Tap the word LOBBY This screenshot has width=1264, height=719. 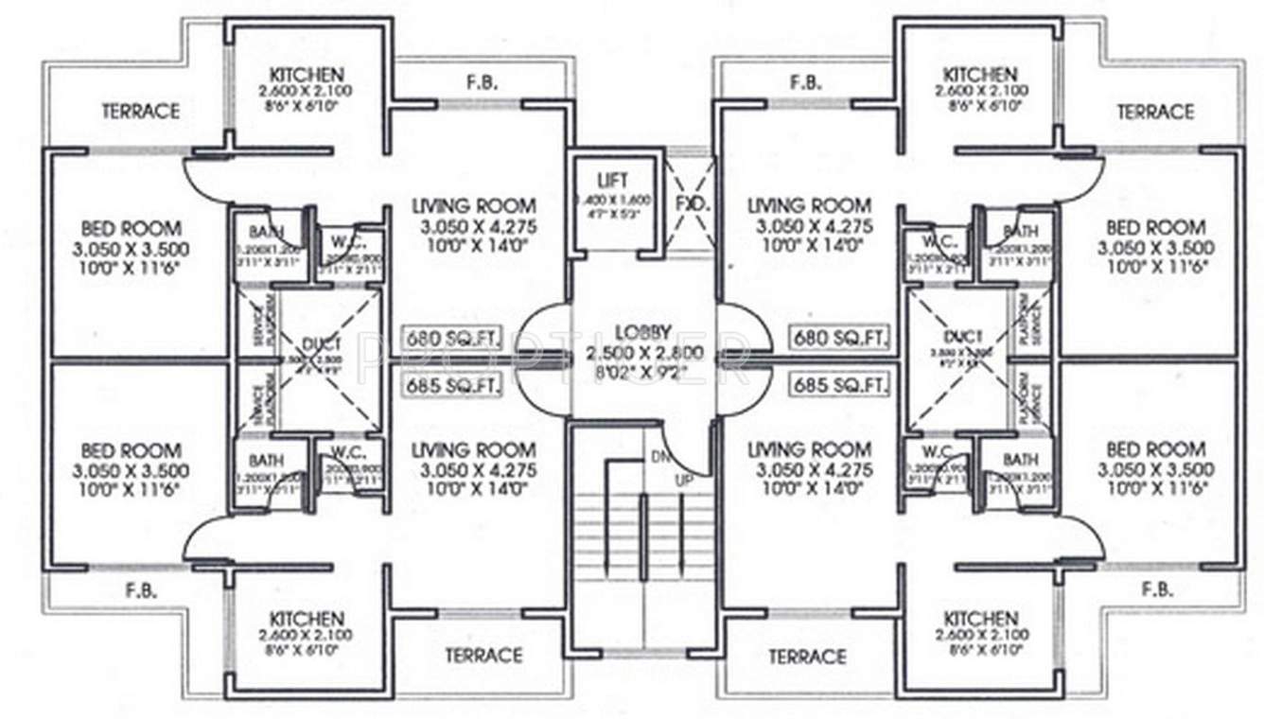[642, 332]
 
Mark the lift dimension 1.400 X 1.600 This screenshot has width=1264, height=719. [612, 201]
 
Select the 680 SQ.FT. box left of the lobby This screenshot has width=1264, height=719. [439, 338]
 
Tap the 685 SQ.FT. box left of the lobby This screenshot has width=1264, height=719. [439, 385]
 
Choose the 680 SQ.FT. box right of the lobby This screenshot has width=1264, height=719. [838, 338]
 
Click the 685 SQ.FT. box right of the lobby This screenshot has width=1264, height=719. [838, 385]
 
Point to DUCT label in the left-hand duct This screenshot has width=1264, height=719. [314, 345]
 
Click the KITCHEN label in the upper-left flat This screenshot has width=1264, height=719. [306, 74]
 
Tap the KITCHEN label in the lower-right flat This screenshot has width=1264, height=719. [980, 618]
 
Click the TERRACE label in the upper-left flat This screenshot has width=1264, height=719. [140, 111]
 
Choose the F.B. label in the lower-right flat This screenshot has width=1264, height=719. [1157, 588]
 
